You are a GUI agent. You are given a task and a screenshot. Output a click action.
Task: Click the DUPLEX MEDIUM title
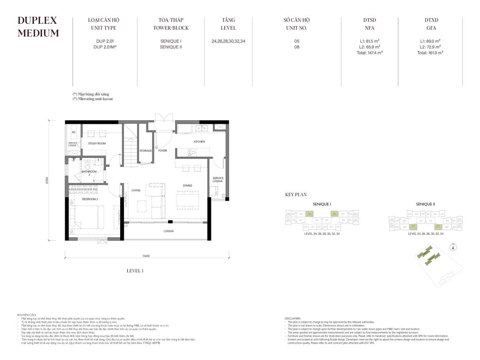pyautogui.click(x=38, y=27)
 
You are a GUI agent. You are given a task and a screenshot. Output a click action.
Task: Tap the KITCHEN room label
pyautogui.click(x=199, y=142)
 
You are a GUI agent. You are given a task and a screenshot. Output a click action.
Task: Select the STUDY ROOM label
pyautogui.click(x=97, y=143)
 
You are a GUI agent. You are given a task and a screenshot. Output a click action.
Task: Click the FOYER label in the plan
pyautogui.click(x=163, y=151)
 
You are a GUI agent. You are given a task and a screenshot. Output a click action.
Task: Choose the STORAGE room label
pyautogui.click(x=146, y=151)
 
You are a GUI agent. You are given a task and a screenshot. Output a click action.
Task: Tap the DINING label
pyautogui.click(x=187, y=185)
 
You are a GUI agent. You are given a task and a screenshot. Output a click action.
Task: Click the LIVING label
pyautogui.click(x=136, y=190)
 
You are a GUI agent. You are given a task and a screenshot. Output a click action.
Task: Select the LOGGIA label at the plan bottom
pyautogui.click(x=168, y=231)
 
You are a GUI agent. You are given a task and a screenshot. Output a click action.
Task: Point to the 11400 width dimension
pyautogui.click(x=146, y=256)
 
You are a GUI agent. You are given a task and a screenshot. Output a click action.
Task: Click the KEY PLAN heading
pyautogui.click(x=295, y=195)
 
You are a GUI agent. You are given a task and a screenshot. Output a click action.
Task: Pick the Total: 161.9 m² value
pyautogui.click(x=430, y=53)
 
